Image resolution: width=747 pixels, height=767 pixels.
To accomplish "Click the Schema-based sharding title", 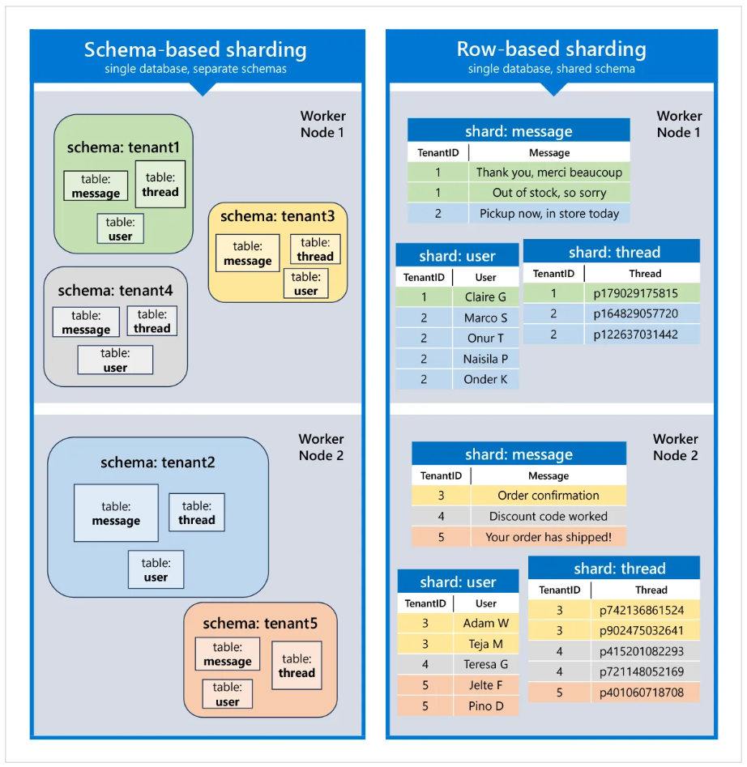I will [195, 49].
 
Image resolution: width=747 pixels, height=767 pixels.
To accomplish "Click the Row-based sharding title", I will [551, 49].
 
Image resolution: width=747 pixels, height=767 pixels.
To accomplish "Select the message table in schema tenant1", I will [96, 186].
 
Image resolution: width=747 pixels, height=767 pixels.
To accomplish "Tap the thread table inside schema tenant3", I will [315, 249].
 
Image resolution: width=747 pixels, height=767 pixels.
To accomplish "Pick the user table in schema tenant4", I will [115, 360].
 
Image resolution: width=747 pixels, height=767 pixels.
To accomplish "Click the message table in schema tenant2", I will [116, 513].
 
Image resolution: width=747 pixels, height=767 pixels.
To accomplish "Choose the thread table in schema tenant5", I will [297, 666].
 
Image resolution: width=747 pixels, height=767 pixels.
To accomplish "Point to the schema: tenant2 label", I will [158, 462].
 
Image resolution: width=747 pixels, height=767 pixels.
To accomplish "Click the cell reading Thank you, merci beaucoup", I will [549, 173].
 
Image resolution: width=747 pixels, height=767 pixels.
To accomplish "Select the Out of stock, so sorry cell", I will [549, 193].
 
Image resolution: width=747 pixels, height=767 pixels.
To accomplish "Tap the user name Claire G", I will [485, 297].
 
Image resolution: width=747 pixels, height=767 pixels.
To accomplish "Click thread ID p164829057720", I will [636, 313].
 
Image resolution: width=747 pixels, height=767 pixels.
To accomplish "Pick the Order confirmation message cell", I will [549, 496].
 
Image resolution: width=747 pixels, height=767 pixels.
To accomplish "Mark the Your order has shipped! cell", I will [549, 537].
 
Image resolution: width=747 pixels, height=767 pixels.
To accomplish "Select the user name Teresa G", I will [486, 664].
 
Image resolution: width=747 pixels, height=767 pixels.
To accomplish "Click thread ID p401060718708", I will [642, 692].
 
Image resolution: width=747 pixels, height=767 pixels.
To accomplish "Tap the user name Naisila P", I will [485, 359].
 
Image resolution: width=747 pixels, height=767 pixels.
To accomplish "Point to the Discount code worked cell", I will [549, 516].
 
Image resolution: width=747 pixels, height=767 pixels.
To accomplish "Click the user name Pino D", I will [486, 705].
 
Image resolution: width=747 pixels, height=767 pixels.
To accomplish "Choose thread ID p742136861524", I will [642, 611].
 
